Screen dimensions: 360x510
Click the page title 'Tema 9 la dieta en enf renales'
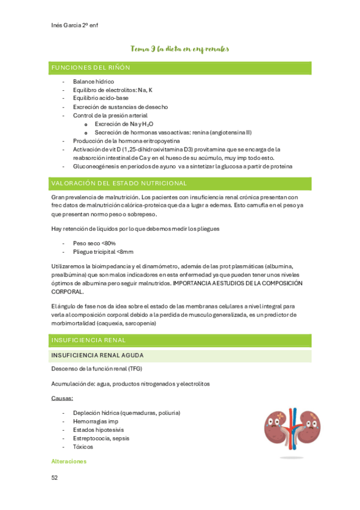click(x=180, y=49)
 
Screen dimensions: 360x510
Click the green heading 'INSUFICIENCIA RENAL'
click(x=88, y=340)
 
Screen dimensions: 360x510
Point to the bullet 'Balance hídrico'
click(x=93, y=81)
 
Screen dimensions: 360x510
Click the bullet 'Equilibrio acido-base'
click(x=100, y=98)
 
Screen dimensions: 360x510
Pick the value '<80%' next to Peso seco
click(x=108, y=243)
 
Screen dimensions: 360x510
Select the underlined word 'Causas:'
click(x=63, y=399)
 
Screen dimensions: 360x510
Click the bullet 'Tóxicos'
click(x=83, y=447)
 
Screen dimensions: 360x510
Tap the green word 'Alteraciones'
click(x=69, y=461)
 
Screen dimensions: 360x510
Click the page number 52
click(x=55, y=478)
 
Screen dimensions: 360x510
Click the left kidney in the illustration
click(x=276, y=426)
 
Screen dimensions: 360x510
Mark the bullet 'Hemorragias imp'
click(x=96, y=422)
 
